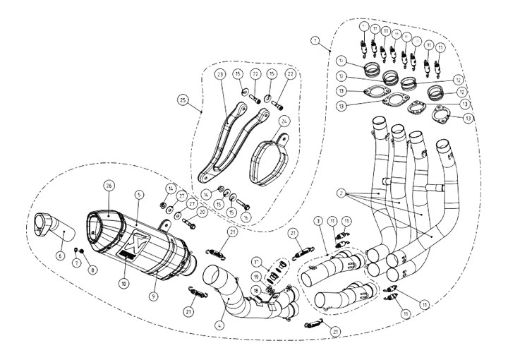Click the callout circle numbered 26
pos(109,186)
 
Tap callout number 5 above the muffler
pos(140,193)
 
